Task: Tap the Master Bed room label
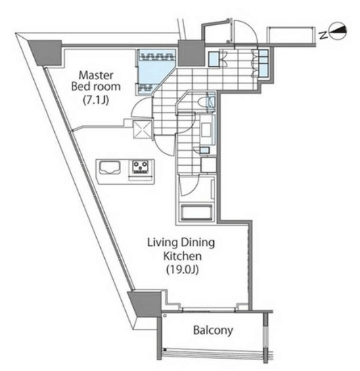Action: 96,81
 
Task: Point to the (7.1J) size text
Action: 96,100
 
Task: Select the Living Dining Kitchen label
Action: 181,249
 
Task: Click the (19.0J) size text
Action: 182,269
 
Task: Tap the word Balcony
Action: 213,330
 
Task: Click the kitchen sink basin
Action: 110,167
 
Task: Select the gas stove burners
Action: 140,167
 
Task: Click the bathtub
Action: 196,212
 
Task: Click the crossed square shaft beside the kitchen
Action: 142,129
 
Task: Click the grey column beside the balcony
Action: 145,304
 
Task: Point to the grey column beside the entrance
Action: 191,53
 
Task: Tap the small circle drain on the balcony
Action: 165,315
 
